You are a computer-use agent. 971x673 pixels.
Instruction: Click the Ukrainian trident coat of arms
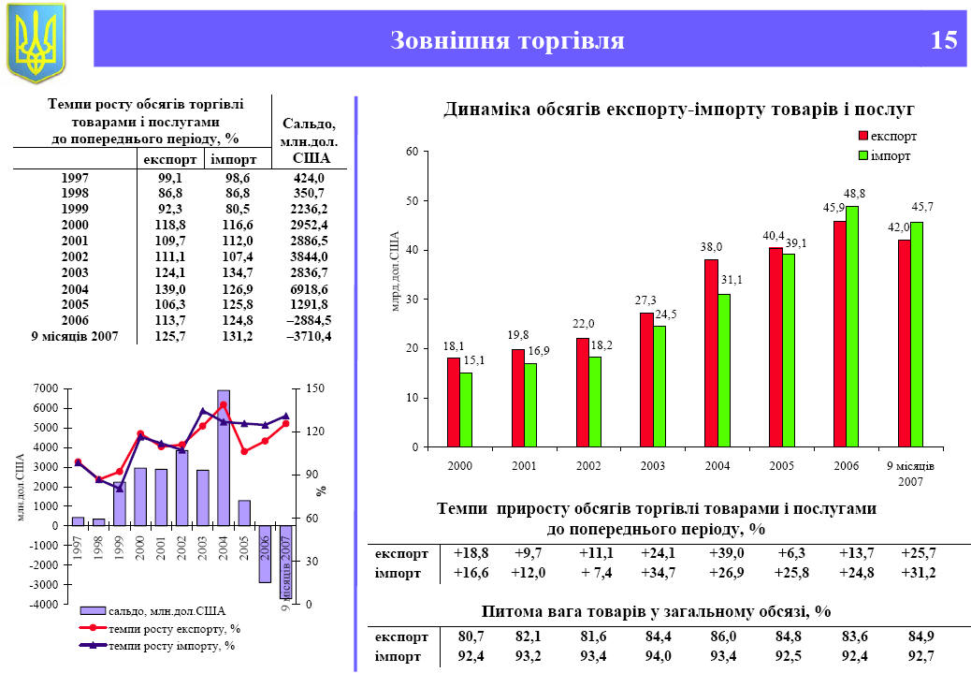tap(36, 42)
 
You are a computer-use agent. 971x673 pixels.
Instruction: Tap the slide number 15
tap(944, 40)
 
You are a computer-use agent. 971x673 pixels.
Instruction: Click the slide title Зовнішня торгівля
tap(506, 40)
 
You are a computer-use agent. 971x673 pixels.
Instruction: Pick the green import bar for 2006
tap(852, 326)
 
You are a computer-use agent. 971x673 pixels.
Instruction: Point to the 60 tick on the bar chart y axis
tap(411, 152)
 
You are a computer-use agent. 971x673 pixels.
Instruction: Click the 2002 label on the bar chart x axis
tap(588, 465)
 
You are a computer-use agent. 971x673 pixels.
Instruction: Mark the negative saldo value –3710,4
tap(308, 335)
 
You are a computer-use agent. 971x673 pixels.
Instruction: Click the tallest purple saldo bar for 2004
tap(224, 458)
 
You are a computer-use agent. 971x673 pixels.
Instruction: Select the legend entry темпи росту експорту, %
tap(174, 628)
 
